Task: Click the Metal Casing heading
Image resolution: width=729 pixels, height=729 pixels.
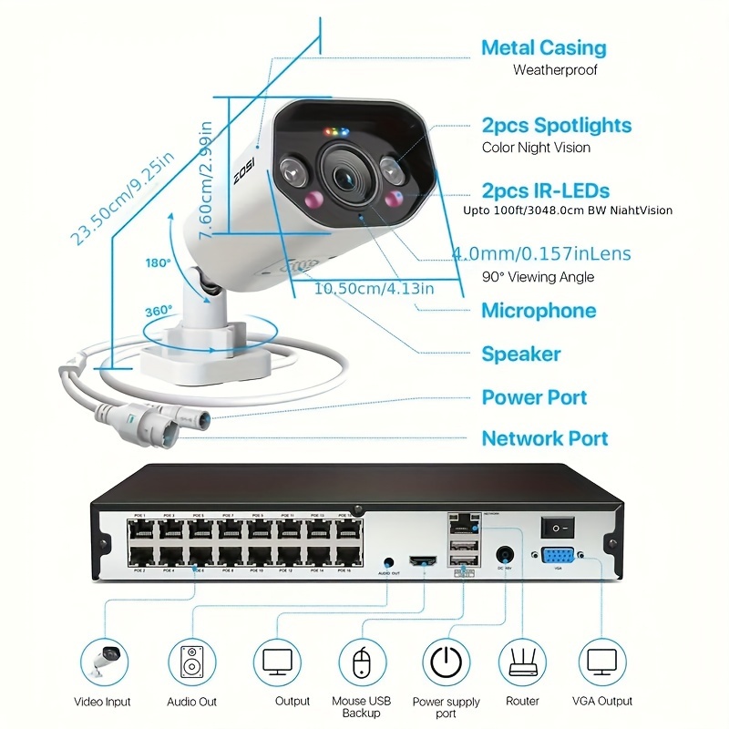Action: [543, 47]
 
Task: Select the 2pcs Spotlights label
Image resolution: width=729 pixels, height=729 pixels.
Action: [556, 125]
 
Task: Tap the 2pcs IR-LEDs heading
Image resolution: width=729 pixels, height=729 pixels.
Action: [545, 191]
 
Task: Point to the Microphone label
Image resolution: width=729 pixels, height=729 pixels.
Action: [539, 311]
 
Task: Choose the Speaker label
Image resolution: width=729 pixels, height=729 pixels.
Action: [521, 354]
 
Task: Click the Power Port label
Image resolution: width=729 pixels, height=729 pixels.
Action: [534, 396]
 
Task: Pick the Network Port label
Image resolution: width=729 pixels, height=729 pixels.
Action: [544, 438]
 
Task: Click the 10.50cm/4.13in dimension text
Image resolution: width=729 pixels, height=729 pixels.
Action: [374, 289]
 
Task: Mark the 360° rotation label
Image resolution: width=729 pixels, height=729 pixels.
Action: [158, 311]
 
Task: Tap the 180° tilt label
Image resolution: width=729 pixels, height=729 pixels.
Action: [158, 262]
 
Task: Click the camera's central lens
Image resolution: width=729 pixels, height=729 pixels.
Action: [346, 175]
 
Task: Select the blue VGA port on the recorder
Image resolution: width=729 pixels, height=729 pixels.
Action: [559, 557]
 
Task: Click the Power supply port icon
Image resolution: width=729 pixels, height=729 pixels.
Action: [447, 662]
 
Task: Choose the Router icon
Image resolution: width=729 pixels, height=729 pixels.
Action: [522, 662]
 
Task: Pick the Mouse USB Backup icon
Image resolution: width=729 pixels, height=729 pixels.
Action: [361, 662]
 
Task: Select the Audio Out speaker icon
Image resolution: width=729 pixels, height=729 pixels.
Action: [192, 662]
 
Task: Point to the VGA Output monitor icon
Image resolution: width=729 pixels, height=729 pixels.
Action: [601, 662]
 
